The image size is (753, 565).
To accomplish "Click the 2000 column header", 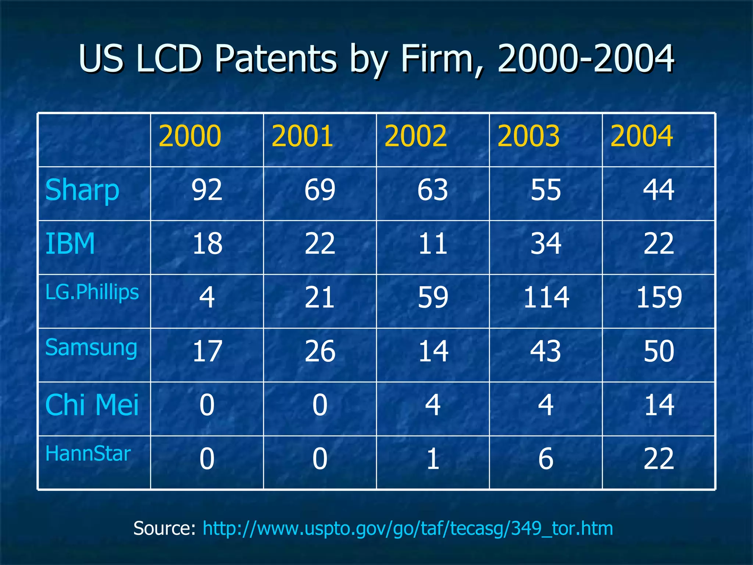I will [x=190, y=136].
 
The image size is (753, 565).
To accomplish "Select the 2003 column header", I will [x=528, y=136].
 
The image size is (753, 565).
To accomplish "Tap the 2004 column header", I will [x=642, y=136].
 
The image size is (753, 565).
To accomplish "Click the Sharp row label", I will [x=82, y=190].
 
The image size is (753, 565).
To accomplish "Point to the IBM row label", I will [x=70, y=244].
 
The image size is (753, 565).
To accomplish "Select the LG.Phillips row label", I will [x=92, y=292].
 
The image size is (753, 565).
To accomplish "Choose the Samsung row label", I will [x=91, y=347].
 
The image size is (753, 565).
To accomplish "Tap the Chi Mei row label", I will [x=92, y=405].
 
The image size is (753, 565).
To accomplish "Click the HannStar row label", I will [x=88, y=454].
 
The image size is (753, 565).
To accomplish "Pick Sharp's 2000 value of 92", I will [x=207, y=190].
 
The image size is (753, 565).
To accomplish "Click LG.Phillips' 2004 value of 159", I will [x=659, y=297].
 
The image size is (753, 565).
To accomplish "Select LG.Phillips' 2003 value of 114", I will [x=546, y=297].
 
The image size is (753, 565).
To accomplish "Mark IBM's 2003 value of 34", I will [x=546, y=244].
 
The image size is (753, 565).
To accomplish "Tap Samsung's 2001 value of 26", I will [x=320, y=351].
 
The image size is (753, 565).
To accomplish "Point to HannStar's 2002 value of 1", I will [x=433, y=459].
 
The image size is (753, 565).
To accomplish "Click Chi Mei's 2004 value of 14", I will [x=659, y=405].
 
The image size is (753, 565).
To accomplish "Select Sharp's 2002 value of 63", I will [x=433, y=190].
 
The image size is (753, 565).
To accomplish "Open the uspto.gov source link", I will [x=407, y=529].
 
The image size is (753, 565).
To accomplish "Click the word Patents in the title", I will [x=276, y=59].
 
